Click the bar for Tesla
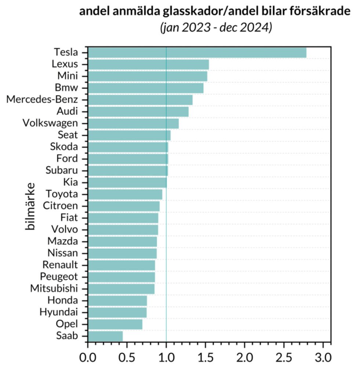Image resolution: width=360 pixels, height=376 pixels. [x=197, y=53]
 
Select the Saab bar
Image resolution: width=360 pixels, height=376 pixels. [x=105, y=336]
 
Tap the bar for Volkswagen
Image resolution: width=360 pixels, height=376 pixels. [x=133, y=123]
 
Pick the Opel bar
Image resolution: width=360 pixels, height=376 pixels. [x=115, y=324]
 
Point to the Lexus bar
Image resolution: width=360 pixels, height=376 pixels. [x=148, y=65]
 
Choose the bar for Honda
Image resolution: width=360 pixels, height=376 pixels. [x=117, y=301]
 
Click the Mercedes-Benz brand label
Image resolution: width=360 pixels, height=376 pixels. [x=42, y=100]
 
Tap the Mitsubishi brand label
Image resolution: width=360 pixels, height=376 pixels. [x=54, y=289]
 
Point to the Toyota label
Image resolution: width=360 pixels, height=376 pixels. [x=61, y=194]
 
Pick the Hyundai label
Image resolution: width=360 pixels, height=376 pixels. [x=58, y=312]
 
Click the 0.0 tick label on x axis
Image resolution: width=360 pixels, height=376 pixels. [x=88, y=357]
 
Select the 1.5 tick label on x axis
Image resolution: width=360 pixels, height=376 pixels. [x=206, y=357]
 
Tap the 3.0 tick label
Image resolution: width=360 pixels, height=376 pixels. [x=323, y=357]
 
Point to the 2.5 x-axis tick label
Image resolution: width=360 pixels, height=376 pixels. [x=284, y=357]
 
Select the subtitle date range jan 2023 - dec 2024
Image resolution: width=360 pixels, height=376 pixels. [x=216, y=28]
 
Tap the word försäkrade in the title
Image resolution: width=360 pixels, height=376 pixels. [x=319, y=12]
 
